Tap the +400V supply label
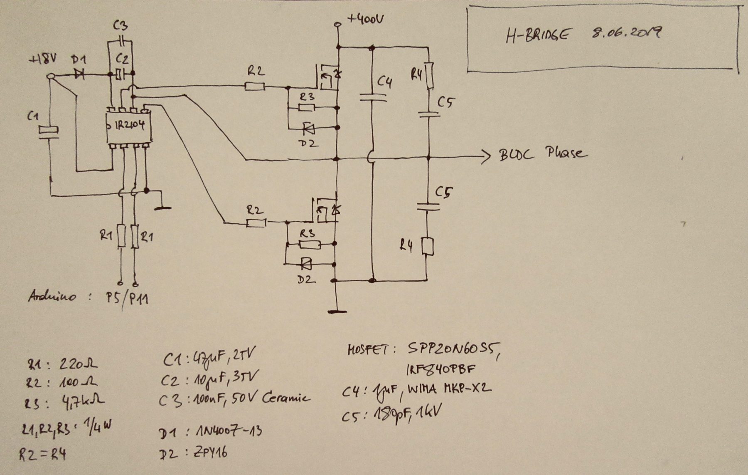tap(366, 19)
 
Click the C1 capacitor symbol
tap(49, 131)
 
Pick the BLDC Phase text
tap(543, 155)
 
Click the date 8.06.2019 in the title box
tap(625, 33)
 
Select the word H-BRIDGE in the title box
tap(536, 35)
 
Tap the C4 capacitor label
tap(384, 82)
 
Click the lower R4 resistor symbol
tap(428, 246)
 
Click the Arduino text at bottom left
tap(52, 296)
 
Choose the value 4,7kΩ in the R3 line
tap(83, 402)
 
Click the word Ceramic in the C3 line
tap(286, 398)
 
